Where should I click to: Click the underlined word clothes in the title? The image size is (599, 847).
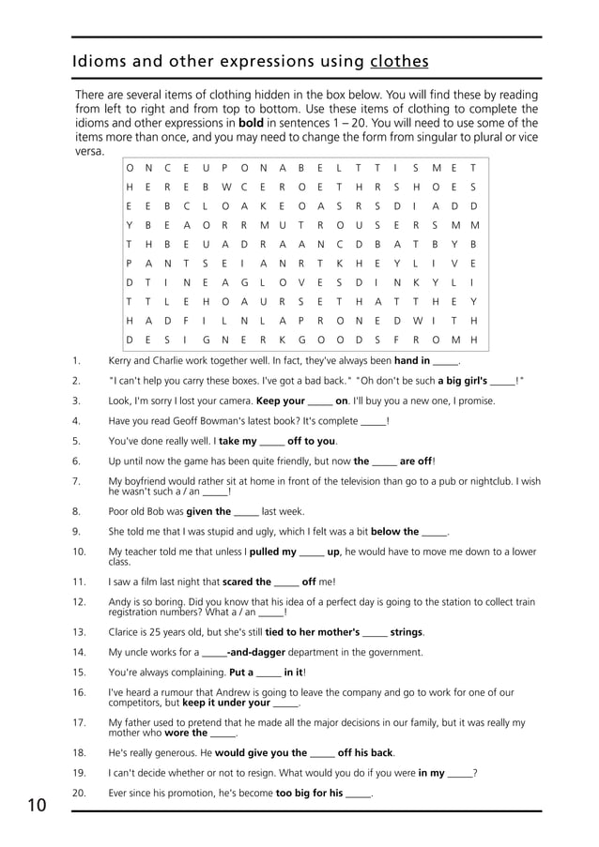(399, 62)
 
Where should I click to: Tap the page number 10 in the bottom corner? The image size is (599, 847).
(37, 804)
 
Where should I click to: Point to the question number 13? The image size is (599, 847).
(79, 632)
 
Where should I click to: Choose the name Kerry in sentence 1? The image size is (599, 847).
(121, 360)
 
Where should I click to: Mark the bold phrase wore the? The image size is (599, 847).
(186, 733)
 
